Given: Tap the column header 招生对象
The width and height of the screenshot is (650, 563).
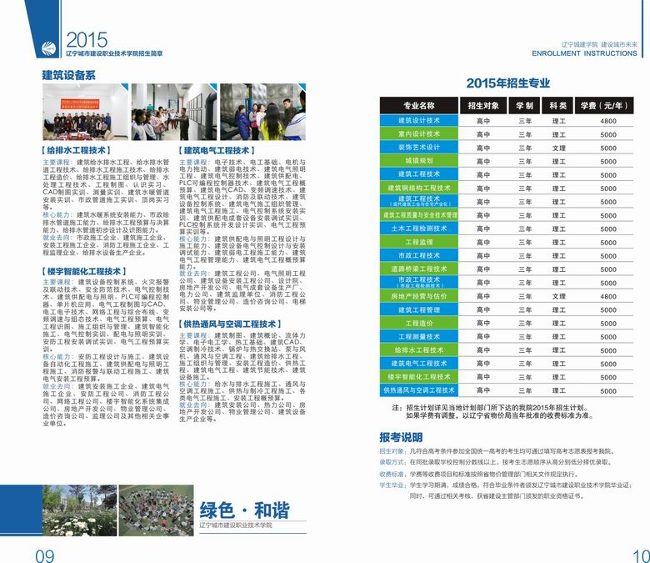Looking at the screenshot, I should (483, 106).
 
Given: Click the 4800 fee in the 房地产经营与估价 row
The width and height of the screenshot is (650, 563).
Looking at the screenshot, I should (607, 296).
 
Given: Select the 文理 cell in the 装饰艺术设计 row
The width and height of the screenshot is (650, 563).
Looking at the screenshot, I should (558, 148).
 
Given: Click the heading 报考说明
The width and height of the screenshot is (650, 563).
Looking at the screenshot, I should (401, 436).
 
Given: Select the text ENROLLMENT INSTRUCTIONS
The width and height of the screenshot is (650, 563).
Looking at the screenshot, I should (583, 53).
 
